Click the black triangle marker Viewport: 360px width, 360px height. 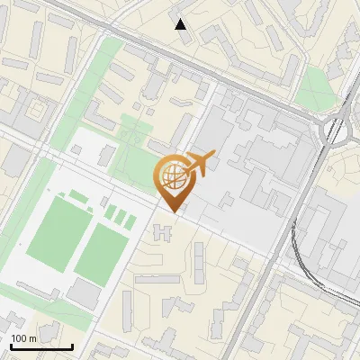[x=181, y=24]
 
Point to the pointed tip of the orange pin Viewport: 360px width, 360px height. [x=172, y=211]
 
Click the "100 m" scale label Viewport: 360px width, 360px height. [x=24, y=337]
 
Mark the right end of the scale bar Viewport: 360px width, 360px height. [x=72, y=346]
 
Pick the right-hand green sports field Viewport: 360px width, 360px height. [x=101, y=251]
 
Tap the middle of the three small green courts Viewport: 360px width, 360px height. [x=118, y=216]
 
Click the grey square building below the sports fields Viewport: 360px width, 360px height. [x=84, y=292]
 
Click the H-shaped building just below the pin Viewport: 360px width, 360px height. [x=164, y=233]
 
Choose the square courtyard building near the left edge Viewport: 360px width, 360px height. [x=37, y=109]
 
